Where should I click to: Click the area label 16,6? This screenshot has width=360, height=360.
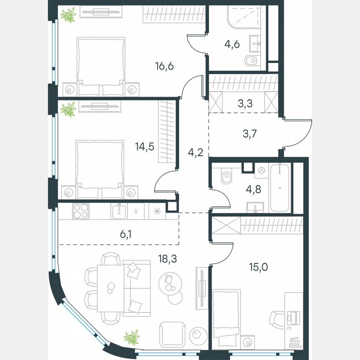pos(163,66)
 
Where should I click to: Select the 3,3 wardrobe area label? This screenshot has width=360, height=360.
pos(245,104)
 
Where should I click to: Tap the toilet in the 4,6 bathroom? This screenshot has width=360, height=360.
pos(252,61)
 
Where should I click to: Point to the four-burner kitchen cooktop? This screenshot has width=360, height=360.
pos(80,210)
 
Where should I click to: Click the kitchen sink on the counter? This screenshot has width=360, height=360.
pos(119,210)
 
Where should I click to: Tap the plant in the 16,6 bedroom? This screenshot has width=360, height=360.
pos(68,15)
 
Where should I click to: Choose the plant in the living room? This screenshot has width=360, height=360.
pos(132,337)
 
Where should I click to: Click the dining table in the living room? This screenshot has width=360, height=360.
pos(110,288)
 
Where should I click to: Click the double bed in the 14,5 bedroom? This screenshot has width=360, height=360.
pos(100,167)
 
